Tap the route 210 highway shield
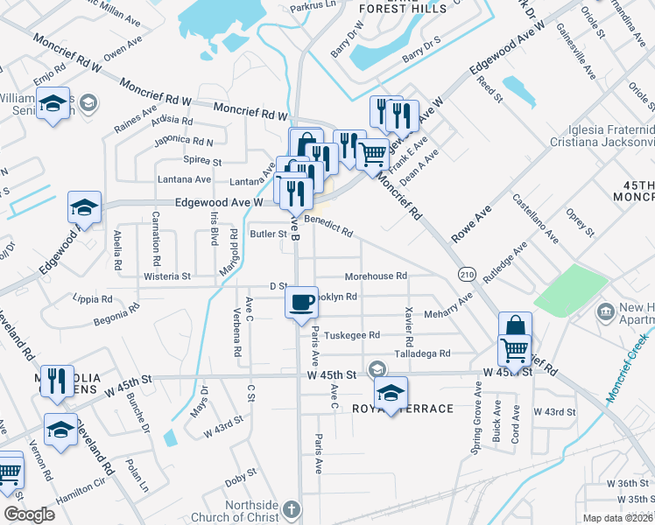466,274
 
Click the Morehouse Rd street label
376,276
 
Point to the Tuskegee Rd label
352,335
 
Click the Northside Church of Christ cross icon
292,507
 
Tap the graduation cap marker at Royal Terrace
391,391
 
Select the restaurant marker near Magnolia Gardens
57,380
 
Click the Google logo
30,514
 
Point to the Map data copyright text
618,518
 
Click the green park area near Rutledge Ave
571,290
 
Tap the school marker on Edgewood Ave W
84,207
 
